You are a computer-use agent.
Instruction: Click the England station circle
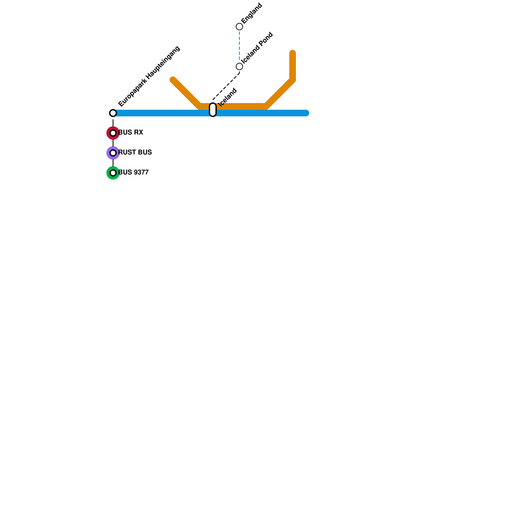239,27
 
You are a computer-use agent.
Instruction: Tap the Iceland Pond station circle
239,66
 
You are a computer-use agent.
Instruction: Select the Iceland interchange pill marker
213,110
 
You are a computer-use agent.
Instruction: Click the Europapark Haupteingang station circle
113,113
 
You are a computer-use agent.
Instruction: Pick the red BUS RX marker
113,133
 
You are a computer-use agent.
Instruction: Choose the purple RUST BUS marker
113,153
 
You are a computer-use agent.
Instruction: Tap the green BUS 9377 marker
113,173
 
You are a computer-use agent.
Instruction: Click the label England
252,14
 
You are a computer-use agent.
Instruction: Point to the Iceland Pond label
258,48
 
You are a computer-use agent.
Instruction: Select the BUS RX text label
131,133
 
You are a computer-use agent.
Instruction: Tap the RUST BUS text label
135,153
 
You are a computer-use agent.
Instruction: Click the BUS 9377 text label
133,173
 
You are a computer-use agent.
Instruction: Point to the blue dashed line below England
239,47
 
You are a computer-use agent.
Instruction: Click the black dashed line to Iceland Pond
226,86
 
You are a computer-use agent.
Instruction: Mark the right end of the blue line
306,113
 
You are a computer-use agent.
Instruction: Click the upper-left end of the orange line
173,80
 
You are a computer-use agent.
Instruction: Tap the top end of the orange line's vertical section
293,53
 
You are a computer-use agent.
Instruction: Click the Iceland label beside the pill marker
228,97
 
